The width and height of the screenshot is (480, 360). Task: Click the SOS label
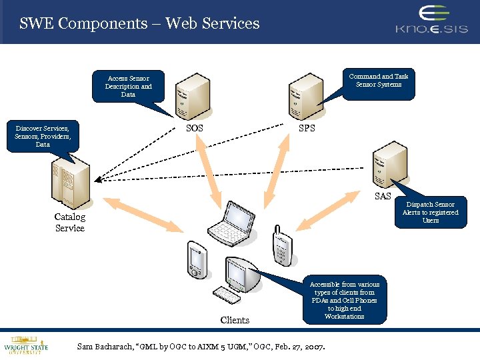[x=195, y=128]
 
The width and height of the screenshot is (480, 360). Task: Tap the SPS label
[x=307, y=128]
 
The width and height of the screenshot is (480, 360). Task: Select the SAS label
[x=383, y=196]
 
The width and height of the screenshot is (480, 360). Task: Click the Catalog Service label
[x=70, y=223]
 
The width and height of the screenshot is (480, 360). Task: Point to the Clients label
[x=235, y=320]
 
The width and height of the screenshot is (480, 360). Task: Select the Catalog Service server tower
[x=71, y=183]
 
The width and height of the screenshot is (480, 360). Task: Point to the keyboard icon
[x=227, y=295]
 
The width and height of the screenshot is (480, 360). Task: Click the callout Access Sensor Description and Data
[x=128, y=86]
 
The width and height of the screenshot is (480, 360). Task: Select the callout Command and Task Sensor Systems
[x=378, y=81]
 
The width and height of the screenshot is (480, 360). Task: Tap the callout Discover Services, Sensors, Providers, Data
[x=43, y=135]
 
